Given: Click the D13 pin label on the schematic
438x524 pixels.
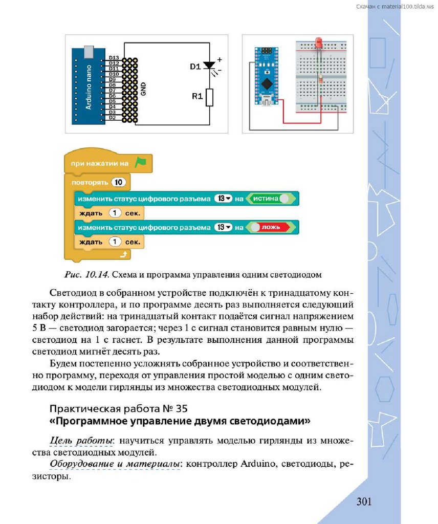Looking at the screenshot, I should tap(114, 58).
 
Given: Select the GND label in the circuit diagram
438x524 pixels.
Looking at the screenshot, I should tap(143, 90).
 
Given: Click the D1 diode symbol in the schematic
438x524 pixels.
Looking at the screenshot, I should tap(209, 65).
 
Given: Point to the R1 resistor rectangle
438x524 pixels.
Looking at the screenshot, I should tap(209, 97).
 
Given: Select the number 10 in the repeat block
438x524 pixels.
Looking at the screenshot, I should tap(118, 182).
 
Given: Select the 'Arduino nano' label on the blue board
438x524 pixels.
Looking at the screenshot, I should tap(88, 87).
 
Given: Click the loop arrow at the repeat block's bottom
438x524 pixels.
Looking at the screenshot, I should tap(123, 254).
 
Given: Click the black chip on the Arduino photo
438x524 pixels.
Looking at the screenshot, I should tap(266, 83).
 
